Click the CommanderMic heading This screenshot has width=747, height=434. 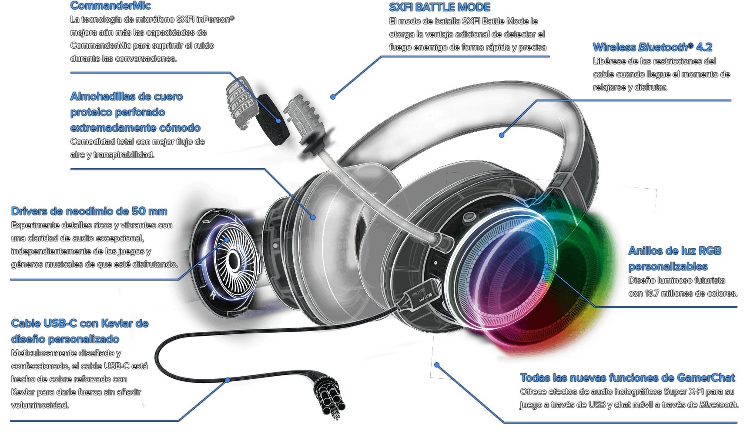tap(111, 6)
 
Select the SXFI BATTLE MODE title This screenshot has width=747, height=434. tap(439, 7)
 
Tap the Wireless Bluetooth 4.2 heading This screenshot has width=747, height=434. tap(652, 47)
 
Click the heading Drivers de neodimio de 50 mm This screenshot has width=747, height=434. tap(89, 211)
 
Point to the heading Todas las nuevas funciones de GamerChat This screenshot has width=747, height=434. tap(627, 378)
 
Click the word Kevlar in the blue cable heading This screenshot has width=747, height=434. tap(117, 324)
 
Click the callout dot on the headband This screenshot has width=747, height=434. tap(502, 135)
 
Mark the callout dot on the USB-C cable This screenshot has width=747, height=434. tap(228, 380)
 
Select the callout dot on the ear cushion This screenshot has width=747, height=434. tap(313, 217)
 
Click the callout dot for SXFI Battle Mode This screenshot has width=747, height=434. tap(333, 97)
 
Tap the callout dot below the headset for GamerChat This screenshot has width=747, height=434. tap(437, 365)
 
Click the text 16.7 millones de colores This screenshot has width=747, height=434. tap(691, 294)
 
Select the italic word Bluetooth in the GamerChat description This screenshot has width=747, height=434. tap(718, 405)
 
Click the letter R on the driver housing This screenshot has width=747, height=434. tap(213, 295)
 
